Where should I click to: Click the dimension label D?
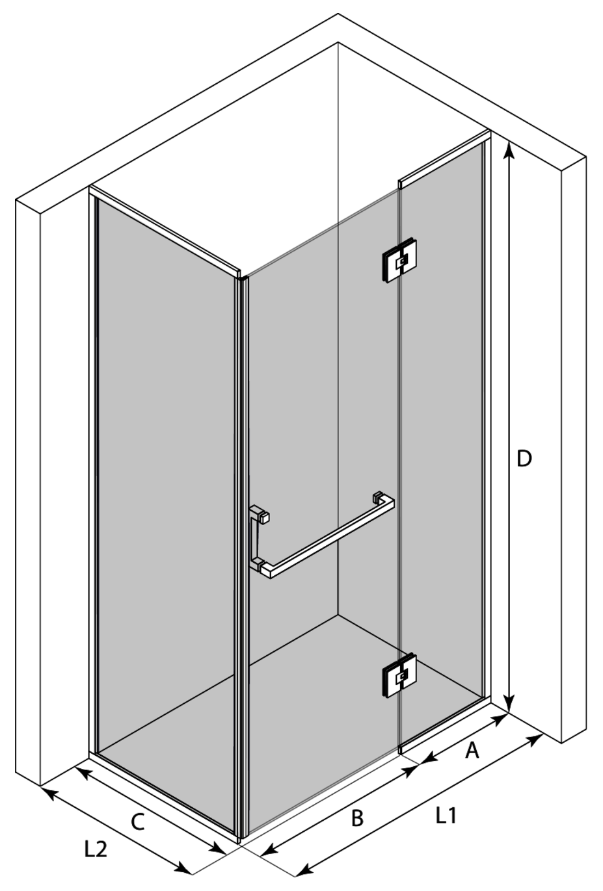[524, 459]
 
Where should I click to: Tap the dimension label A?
[472, 750]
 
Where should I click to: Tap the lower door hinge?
[399, 675]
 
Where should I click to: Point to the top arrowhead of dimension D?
[509, 150]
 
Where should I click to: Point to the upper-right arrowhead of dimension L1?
[535, 738]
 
